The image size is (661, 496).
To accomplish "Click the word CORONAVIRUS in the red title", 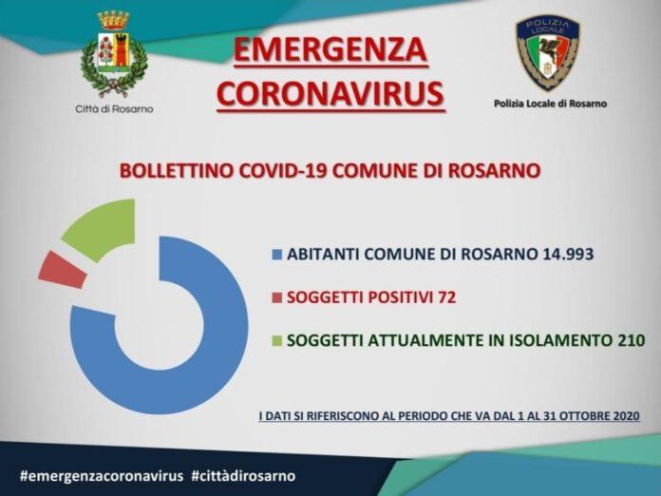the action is pos(331,93).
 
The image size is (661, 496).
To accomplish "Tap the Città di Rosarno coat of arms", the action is pos(114,53).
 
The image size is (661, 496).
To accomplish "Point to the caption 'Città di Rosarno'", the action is pos(114,109).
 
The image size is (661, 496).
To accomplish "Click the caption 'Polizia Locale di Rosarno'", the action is pos(550,104).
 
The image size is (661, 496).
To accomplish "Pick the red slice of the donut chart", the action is pos(62,270).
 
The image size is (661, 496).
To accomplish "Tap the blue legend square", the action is pos(277,255).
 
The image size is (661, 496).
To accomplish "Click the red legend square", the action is pos(277,297).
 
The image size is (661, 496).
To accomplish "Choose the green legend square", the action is pos(277,341).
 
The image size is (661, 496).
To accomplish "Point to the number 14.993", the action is pos(566,254).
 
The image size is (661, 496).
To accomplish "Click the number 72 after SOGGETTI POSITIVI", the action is pos(447,297).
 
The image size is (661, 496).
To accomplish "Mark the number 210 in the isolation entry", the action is pos(632,340).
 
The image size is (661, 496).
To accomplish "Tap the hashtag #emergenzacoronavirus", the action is pos(102,476).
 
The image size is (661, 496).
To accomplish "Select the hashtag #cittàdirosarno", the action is pos(243,476).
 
